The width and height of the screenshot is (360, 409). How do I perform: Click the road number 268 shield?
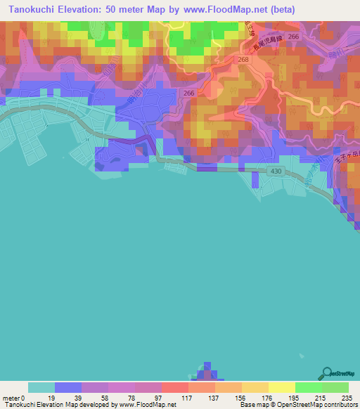[243, 60]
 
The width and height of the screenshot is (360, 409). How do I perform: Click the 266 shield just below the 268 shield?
[189, 92]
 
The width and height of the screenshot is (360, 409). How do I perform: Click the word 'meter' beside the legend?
[12, 398]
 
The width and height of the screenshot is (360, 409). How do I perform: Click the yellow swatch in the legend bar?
[281, 387]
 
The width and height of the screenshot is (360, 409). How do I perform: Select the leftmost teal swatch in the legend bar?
[41, 387]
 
